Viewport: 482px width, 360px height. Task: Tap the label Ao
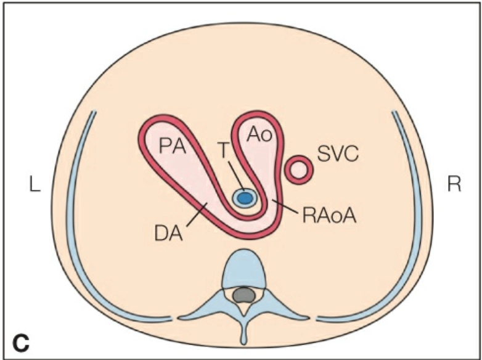[x=259, y=135]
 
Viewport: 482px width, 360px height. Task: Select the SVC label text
[x=338, y=153]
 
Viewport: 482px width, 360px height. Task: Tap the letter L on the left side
[x=34, y=185]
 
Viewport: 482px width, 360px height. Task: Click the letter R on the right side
[x=454, y=185]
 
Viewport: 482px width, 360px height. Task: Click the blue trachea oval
[x=245, y=197]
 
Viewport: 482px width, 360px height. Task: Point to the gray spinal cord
[x=245, y=296]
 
